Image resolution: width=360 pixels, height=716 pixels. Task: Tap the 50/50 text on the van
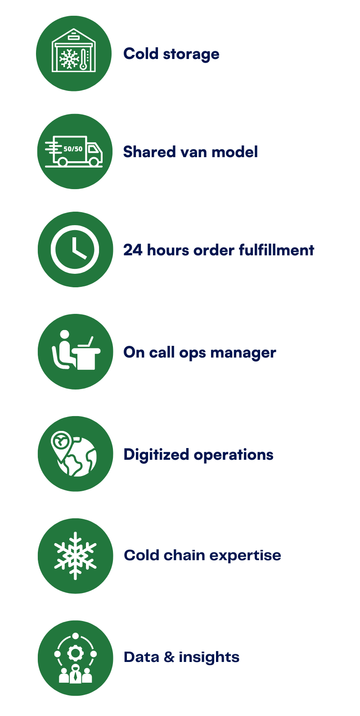point(73,149)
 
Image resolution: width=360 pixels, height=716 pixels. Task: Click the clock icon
point(75,249)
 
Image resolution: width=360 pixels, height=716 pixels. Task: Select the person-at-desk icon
point(76,350)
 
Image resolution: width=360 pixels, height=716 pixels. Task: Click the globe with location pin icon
point(74,454)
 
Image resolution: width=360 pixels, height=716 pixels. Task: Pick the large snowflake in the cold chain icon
point(76,556)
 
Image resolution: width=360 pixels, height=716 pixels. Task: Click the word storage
point(191,54)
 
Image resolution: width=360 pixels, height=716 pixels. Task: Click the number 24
point(133,250)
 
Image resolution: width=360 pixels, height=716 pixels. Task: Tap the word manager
point(243,353)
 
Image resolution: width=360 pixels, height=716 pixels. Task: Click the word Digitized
point(156,455)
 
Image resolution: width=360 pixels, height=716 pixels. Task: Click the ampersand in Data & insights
point(169,657)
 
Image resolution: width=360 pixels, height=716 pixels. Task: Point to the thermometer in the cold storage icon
point(83,59)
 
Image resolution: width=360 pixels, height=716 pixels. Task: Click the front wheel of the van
point(94,162)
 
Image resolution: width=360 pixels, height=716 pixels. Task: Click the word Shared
point(149,152)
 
